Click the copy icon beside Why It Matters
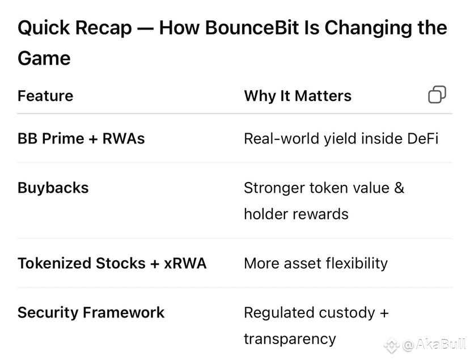[437, 95]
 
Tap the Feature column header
[45, 96]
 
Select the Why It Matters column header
[298, 96]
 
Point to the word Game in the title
[44, 58]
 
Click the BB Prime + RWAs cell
[81, 138]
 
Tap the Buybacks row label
[53, 188]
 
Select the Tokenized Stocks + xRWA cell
[112, 263]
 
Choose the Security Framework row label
[91, 312]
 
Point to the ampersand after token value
[399, 188]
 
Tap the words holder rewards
[296, 214]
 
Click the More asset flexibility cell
[316, 263]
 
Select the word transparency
[290, 339]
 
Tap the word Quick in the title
[44, 28]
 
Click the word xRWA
[185, 263]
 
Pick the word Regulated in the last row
[280, 312]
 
